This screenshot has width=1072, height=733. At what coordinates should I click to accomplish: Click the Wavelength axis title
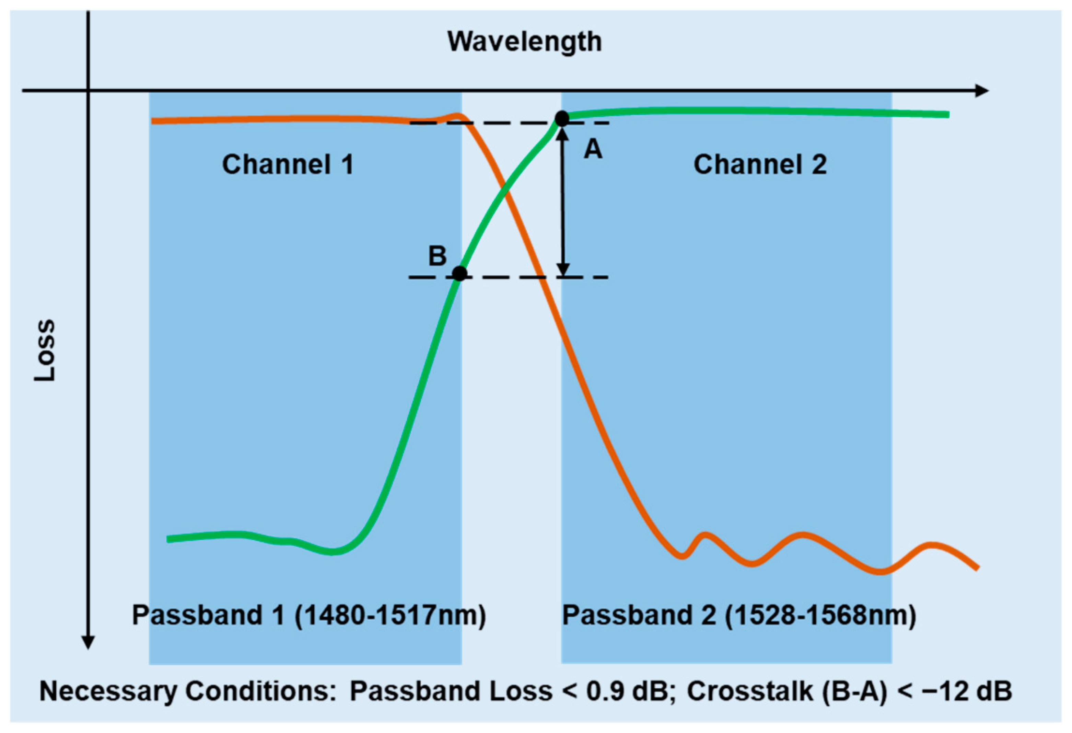(524, 42)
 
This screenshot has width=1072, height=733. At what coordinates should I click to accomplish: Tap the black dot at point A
(562, 119)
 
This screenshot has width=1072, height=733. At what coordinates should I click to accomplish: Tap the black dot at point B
(459, 274)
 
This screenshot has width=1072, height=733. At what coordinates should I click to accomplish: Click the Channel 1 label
(288, 164)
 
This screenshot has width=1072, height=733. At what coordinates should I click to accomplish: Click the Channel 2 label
(760, 164)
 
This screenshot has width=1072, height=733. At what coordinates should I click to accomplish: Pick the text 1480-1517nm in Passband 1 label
(390, 615)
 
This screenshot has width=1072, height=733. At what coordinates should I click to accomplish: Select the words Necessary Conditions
(187, 691)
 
